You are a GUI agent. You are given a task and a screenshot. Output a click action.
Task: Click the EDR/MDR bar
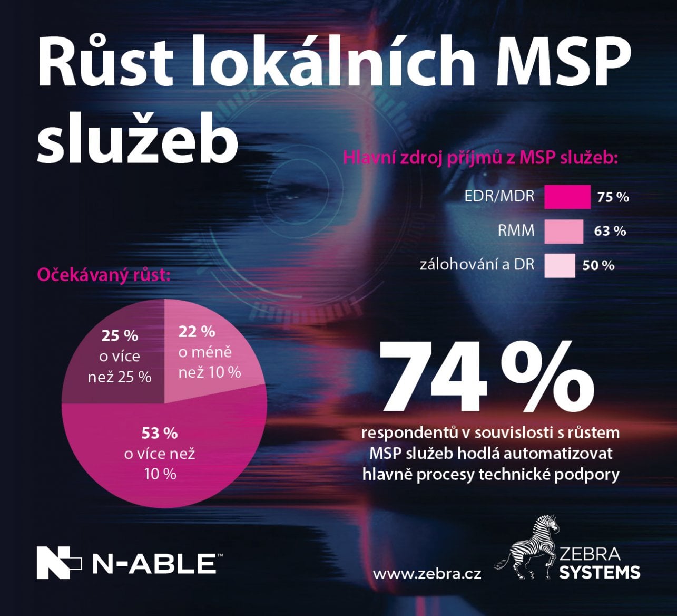567,197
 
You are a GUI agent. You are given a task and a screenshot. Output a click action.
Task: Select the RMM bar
564,231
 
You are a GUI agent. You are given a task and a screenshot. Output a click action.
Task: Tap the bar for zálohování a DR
560,265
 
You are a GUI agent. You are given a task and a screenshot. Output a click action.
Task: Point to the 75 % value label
613,197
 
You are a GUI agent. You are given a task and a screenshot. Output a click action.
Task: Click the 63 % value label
610,231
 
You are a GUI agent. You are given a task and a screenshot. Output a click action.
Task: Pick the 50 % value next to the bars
598,265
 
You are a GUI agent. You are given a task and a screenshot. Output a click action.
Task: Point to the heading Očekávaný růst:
103,275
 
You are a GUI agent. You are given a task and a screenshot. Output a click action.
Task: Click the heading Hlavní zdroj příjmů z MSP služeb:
480,157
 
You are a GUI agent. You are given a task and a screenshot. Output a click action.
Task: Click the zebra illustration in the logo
529,548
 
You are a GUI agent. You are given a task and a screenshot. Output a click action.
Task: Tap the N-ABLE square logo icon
58,563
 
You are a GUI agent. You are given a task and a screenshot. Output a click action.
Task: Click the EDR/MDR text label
499,196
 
